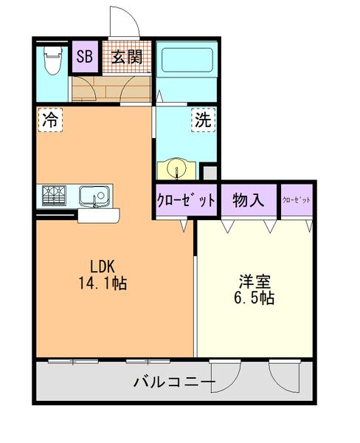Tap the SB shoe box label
[84, 57]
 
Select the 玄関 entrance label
[127, 57]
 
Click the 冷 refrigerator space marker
[50, 120]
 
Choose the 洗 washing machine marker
[202, 120]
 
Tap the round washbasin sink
[177, 170]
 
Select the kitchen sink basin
[94, 196]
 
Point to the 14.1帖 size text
[102, 283]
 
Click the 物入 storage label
[248, 199]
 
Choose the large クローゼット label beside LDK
[186, 200]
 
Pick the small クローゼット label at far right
[297, 199]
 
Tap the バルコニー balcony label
[174, 382]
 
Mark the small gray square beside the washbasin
[210, 173]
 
